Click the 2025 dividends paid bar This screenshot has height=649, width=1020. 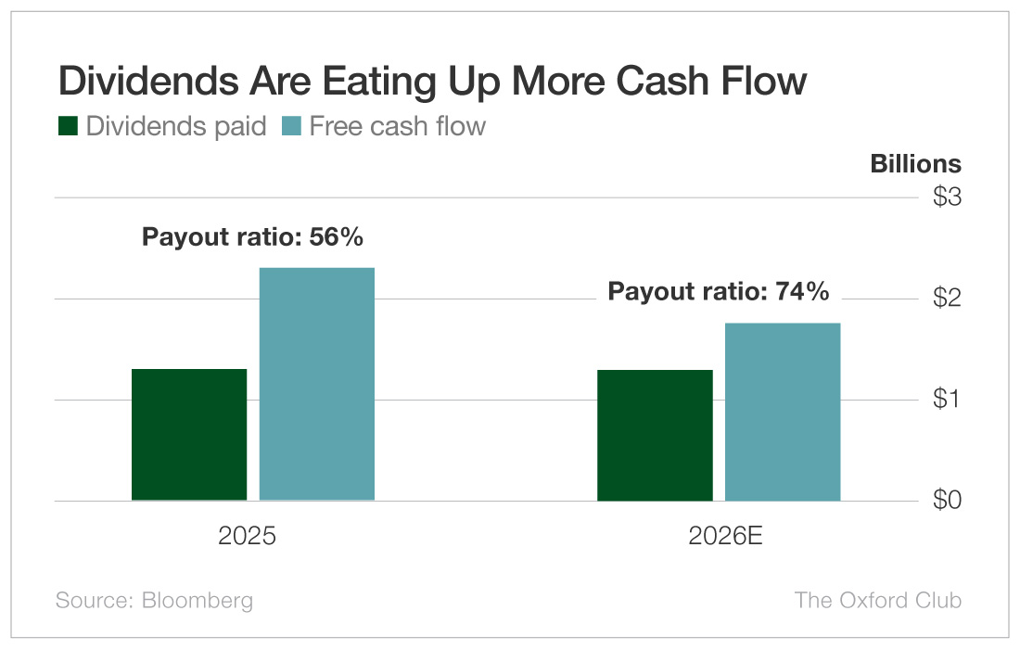[189, 435]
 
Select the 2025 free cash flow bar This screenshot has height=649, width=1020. [316, 384]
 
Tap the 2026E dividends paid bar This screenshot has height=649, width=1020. [655, 436]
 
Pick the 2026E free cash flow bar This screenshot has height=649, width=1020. [782, 412]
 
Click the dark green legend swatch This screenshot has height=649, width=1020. [68, 126]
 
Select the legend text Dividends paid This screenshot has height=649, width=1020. [176, 126]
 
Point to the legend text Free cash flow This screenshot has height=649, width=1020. [397, 126]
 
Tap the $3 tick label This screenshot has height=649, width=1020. [946, 197]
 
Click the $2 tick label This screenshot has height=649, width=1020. [946, 299]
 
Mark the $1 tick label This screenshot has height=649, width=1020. [946, 400]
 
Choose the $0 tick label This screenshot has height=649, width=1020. [946, 501]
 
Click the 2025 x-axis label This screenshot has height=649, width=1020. [247, 537]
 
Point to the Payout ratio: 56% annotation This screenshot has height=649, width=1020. [252, 237]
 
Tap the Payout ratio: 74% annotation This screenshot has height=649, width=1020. [718, 292]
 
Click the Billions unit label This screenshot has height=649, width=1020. [915, 164]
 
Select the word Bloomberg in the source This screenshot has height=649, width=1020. [197, 600]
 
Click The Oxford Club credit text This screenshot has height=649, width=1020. [877, 600]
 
